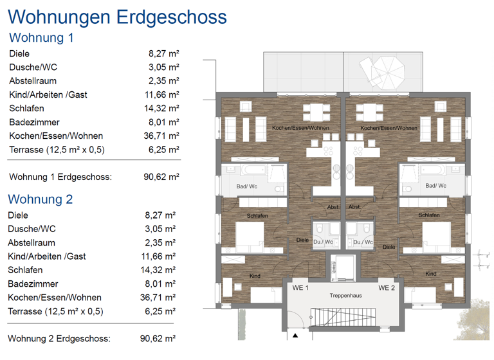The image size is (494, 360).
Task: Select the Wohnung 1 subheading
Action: pyautogui.click(x=42, y=37)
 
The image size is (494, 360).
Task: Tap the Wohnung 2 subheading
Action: pyautogui.click(x=41, y=199)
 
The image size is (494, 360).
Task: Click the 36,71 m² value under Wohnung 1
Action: pyautogui.click(x=161, y=136)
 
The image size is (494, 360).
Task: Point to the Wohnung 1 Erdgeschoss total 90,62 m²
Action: pyautogui.click(x=161, y=176)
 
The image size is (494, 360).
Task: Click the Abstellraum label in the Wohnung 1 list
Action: pyautogui.click(x=33, y=81)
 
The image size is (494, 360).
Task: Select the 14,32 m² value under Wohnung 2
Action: pyautogui.click(x=158, y=270)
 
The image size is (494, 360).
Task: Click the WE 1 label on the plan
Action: pyautogui.click(x=301, y=287)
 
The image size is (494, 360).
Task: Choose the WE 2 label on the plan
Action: pyautogui.click(x=387, y=287)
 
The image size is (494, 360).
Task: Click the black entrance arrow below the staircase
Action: pyautogui.click(x=295, y=335)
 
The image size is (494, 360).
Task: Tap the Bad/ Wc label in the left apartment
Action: pyautogui.click(x=247, y=186)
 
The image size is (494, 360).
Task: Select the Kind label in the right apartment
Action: pyautogui.click(x=430, y=274)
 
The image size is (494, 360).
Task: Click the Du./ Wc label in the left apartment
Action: pyautogui.click(x=324, y=242)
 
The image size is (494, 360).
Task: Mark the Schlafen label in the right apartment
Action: pyautogui.click(x=429, y=215)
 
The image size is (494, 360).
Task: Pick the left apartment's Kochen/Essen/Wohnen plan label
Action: pyautogui.click(x=300, y=128)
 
